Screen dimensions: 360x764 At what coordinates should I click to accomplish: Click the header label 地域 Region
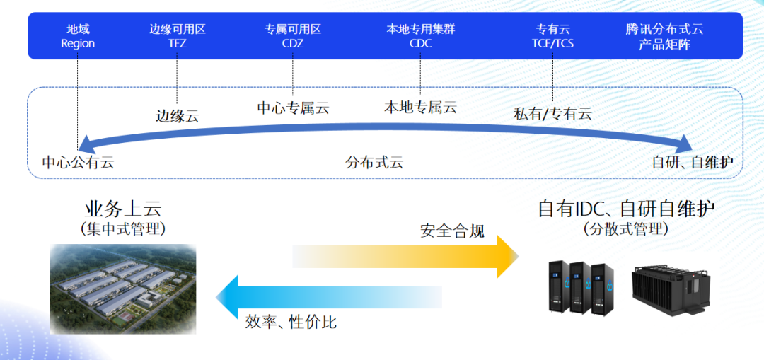click(78, 36)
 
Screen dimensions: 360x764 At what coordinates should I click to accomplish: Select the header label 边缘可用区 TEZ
click(177, 36)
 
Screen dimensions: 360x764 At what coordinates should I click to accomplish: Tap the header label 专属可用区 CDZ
click(293, 36)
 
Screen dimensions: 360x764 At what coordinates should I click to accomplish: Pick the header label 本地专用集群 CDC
click(420, 36)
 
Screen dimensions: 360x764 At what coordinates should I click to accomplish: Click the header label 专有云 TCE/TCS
click(552, 36)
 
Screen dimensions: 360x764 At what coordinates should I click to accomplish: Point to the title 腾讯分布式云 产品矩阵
click(664, 36)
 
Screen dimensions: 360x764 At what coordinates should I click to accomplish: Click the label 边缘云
click(177, 116)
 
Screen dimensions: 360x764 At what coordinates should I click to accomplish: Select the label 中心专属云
click(293, 108)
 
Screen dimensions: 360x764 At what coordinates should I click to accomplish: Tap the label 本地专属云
click(420, 108)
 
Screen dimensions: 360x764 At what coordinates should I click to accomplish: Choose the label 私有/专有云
click(552, 113)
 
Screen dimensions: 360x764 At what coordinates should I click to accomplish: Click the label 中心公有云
click(78, 162)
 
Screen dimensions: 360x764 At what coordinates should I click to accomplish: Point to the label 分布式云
click(374, 162)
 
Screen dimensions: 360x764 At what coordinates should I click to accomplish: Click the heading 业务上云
click(123, 209)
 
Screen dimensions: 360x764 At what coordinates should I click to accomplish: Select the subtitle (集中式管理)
click(123, 229)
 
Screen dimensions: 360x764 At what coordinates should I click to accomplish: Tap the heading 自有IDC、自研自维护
click(626, 209)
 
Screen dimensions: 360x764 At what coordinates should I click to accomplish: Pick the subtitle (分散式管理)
click(626, 229)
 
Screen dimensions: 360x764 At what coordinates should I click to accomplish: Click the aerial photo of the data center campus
click(123, 289)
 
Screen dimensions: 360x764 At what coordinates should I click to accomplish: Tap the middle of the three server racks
click(580, 286)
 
